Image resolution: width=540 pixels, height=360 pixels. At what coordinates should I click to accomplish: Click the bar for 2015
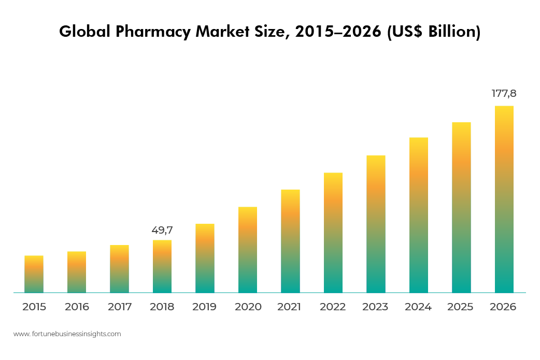click(x=34, y=274)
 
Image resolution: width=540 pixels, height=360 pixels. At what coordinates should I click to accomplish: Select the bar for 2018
click(x=162, y=266)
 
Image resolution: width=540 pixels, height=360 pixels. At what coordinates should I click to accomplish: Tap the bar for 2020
click(x=248, y=250)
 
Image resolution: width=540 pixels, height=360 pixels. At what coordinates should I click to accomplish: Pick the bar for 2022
click(x=333, y=233)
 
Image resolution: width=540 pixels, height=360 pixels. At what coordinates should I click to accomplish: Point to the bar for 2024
click(x=419, y=215)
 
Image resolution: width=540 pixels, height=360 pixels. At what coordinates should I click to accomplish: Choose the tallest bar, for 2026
click(x=504, y=199)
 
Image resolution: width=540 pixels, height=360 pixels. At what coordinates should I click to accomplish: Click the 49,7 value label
click(x=162, y=230)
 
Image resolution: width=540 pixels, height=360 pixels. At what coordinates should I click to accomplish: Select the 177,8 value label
click(x=504, y=94)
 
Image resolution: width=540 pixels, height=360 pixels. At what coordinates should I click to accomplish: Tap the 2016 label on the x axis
click(x=77, y=307)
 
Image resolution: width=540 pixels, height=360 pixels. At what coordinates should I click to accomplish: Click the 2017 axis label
click(x=120, y=307)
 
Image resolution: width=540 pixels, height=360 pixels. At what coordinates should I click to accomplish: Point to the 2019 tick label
click(x=205, y=307)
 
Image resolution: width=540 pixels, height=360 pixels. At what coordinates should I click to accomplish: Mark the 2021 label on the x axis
click(x=289, y=307)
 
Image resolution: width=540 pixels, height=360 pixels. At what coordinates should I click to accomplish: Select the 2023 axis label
click(x=375, y=307)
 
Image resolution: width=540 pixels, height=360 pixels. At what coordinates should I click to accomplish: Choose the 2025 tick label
click(x=460, y=307)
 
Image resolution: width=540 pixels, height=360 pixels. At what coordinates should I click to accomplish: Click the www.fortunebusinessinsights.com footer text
click(x=67, y=334)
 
